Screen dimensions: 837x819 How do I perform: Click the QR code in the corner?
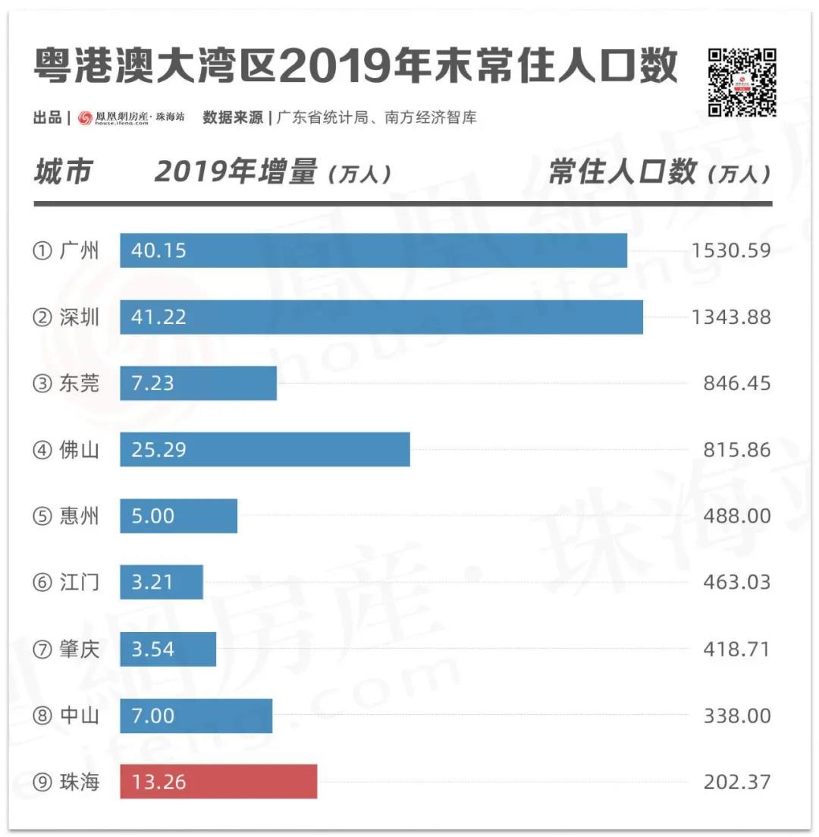click(742, 83)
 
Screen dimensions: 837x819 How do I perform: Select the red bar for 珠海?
click(218, 782)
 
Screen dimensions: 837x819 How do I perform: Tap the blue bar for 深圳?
click(381, 316)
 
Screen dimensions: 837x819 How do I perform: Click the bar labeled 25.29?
click(265, 449)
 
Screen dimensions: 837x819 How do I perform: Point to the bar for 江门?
click(162, 582)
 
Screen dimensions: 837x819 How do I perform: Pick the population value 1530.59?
click(731, 250)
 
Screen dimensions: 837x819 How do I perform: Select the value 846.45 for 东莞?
click(736, 383)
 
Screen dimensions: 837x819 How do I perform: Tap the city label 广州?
click(79, 250)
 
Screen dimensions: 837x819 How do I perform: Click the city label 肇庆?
click(79, 649)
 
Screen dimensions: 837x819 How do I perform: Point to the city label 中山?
click(79, 716)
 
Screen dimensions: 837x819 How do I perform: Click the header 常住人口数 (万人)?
click(660, 172)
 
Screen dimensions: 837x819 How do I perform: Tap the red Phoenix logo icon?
click(85, 118)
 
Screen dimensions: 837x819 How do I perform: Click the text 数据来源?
click(234, 118)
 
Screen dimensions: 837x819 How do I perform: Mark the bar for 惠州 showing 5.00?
click(178, 516)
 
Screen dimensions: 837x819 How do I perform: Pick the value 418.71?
click(736, 649)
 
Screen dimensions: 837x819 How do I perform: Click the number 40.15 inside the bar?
click(158, 250)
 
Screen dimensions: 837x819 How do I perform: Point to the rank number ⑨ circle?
click(42, 782)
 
